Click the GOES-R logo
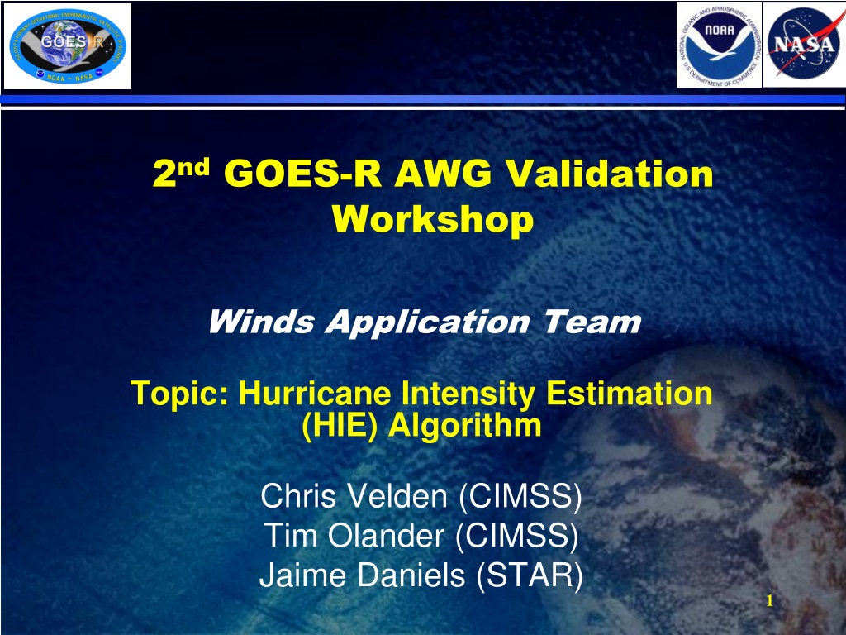coord(68,46)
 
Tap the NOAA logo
coord(719,45)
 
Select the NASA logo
coord(803,45)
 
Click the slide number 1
coord(770,600)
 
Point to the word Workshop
coord(433,219)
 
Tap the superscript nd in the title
coord(193,168)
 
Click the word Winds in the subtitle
coord(261,322)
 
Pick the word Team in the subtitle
coord(592,322)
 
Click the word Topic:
coord(179,394)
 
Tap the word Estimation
coord(629,393)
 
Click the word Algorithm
coord(464,426)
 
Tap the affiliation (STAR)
coord(530,575)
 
